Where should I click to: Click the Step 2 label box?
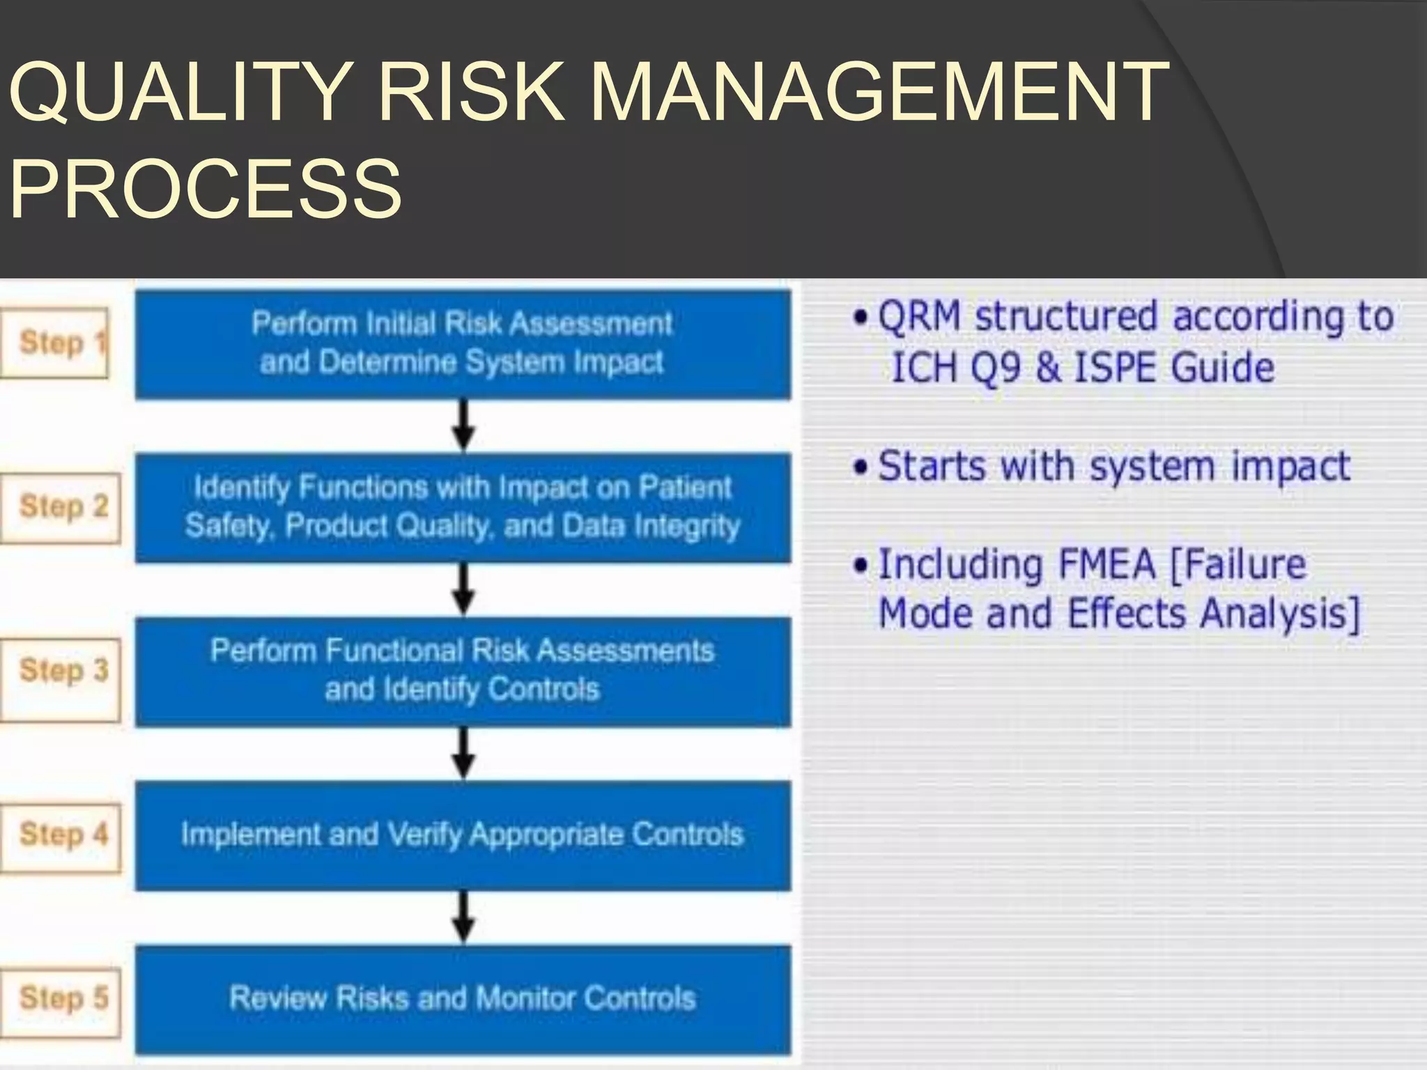(x=61, y=506)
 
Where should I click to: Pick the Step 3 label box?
(x=61, y=670)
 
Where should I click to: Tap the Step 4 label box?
(x=61, y=834)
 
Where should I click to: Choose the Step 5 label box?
(x=61, y=998)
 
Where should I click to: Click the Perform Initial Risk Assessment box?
(x=463, y=343)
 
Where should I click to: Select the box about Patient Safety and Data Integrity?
(x=463, y=507)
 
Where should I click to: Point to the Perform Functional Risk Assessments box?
(x=463, y=671)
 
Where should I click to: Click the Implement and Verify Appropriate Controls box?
(x=463, y=835)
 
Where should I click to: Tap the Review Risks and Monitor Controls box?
(x=463, y=998)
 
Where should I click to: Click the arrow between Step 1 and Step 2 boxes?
(x=463, y=426)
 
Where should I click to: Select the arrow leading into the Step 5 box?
(x=463, y=917)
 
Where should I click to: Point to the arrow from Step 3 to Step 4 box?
(x=463, y=754)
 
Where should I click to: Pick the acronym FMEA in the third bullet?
(x=1106, y=564)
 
